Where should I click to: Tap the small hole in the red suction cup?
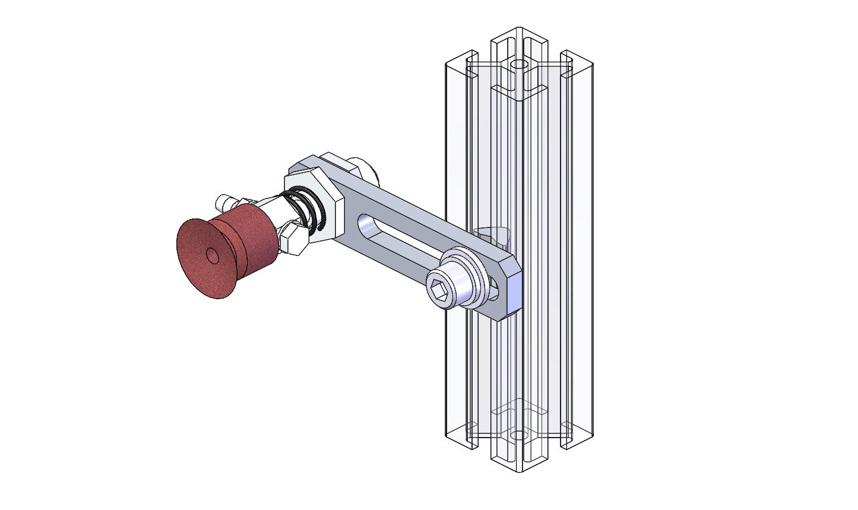coord(212,255)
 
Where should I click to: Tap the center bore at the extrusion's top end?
coord(520,64)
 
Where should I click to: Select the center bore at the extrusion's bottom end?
coord(519,435)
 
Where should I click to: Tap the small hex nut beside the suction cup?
coord(292,237)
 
